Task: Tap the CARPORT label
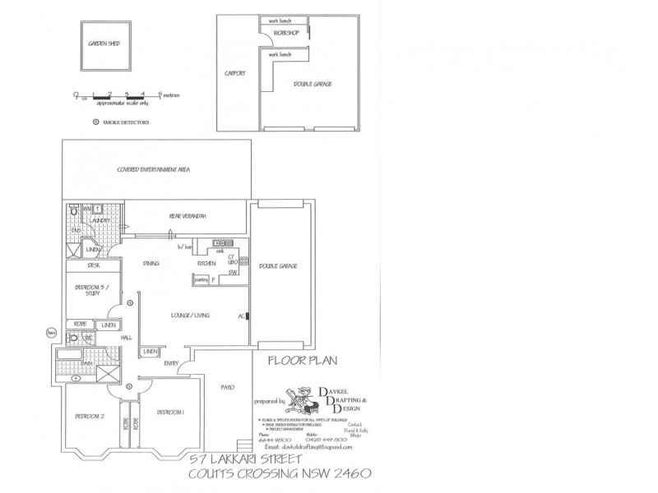pos(235,73)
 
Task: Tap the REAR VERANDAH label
pos(188,216)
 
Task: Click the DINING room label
pos(151,264)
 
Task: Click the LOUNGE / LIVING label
pos(189,316)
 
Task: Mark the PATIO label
pos(228,386)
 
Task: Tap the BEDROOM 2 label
pos(90,417)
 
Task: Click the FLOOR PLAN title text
pos(302,360)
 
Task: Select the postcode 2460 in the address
pos(349,474)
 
